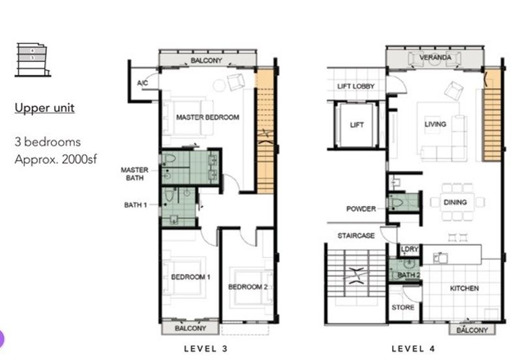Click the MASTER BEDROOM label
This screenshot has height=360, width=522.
click(x=207, y=117)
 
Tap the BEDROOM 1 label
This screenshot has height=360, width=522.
click(x=191, y=277)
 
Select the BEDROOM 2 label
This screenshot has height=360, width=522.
click(x=248, y=287)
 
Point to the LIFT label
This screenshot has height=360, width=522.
click(x=357, y=125)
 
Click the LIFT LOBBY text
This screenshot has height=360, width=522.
click(x=356, y=87)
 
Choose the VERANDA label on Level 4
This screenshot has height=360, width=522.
click(x=435, y=57)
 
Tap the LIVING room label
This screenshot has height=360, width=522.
click(x=435, y=124)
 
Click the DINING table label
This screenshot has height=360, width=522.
click(x=455, y=202)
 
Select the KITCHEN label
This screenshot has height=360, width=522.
click(x=464, y=288)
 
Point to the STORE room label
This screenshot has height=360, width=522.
click(x=403, y=307)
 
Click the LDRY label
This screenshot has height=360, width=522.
click(x=409, y=250)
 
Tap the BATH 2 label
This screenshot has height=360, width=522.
click(x=409, y=275)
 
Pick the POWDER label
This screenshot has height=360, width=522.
click(x=361, y=209)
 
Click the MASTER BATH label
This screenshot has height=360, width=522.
click(x=134, y=173)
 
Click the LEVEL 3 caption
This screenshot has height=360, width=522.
click(x=206, y=349)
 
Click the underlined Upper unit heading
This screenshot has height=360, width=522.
click(x=44, y=108)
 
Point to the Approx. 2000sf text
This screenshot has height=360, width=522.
click(x=55, y=158)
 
